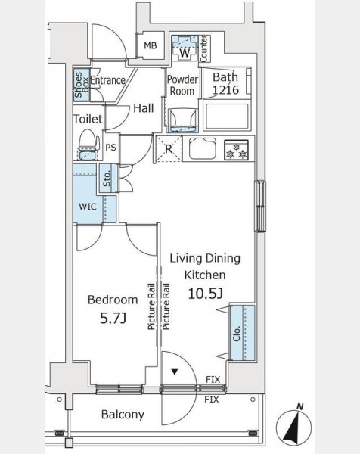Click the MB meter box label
[151, 45]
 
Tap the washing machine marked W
[185, 48]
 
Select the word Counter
[203, 48]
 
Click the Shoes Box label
[82, 85]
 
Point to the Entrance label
[107, 80]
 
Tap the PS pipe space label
[110, 148]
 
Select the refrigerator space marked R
[169, 149]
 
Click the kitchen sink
[202, 148]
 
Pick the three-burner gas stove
[237, 150]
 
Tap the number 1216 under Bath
[225, 90]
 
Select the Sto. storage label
[107, 179]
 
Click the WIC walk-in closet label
[88, 207]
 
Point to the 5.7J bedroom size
[113, 319]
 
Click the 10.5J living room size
[205, 294]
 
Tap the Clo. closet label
[237, 334]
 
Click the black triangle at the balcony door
[175, 372]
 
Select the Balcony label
[123, 415]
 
